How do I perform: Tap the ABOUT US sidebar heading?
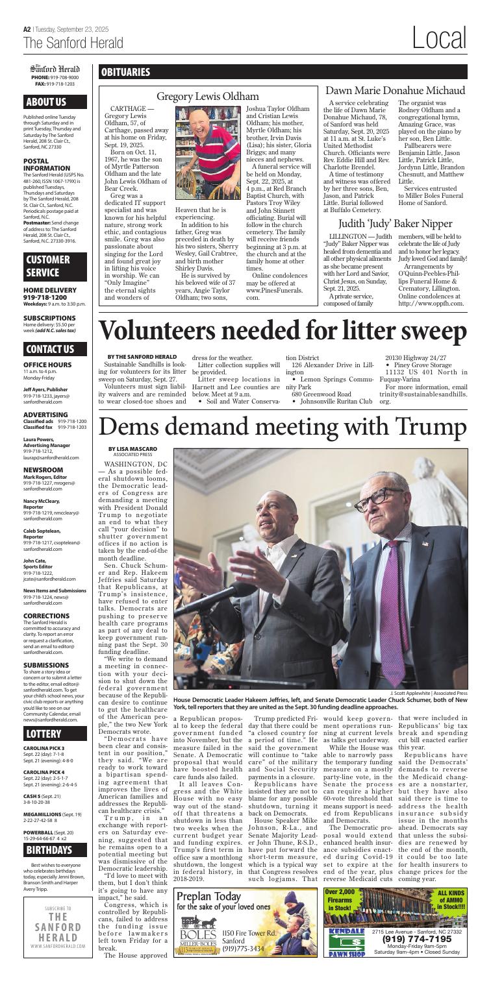[46, 102]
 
